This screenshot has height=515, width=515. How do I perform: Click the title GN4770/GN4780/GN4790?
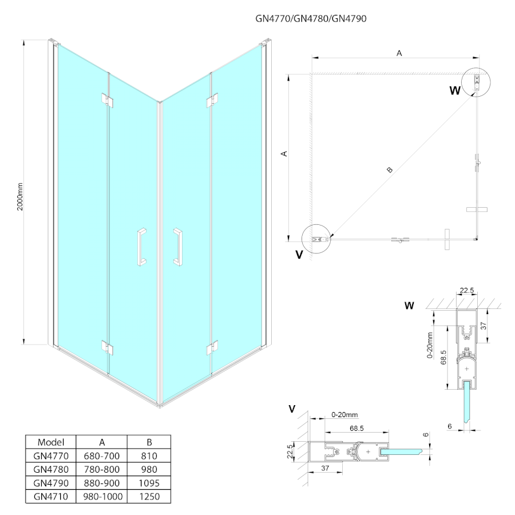(311, 18)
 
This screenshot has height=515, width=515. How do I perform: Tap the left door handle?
(141, 247)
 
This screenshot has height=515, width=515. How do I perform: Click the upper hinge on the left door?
(107, 99)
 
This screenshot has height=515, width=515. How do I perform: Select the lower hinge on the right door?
(212, 347)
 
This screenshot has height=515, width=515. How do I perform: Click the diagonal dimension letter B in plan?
(390, 169)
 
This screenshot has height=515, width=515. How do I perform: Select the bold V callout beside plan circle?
(299, 255)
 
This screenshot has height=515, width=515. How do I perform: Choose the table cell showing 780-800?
(101, 469)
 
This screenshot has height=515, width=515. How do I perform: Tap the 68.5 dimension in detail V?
(356, 428)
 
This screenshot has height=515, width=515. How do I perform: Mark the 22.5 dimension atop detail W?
(468, 291)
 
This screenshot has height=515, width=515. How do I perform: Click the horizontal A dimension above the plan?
(399, 53)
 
